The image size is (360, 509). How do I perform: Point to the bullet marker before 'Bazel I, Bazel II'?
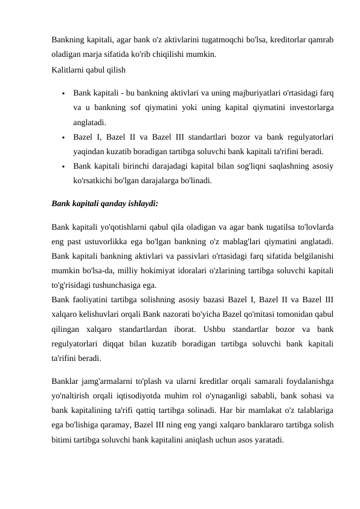tap(63, 137)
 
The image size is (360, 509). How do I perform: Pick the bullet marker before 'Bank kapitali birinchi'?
tap(63, 166)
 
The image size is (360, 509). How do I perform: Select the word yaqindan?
tap(88, 151)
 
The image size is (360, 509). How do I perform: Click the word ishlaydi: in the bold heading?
tap(140, 204)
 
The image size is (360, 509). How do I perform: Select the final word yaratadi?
tap(265, 439)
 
